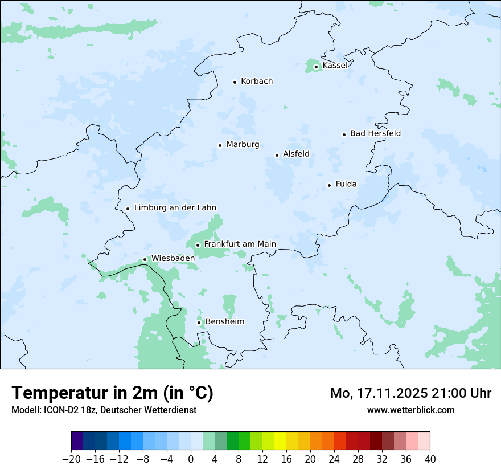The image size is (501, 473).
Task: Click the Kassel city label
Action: click(x=335, y=66)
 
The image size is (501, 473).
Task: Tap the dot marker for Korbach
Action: click(x=235, y=82)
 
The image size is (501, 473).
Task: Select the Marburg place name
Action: click(x=243, y=145)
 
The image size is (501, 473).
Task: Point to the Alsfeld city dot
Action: click(x=277, y=155)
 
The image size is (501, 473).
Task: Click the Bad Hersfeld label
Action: click(x=375, y=133)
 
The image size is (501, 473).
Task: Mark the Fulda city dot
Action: click(x=329, y=185)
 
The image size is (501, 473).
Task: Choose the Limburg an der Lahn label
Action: click(x=175, y=208)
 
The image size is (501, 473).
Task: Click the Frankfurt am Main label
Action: click(x=240, y=244)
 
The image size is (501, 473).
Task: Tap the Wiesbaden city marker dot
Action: click(x=145, y=259)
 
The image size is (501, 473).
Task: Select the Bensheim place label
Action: click(x=224, y=322)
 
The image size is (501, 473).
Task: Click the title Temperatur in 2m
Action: click(x=112, y=393)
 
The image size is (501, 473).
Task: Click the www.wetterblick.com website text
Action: click(x=410, y=410)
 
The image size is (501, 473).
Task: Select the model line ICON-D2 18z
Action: click(x=104, y=410)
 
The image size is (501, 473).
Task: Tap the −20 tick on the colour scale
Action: click(x=71, y=459)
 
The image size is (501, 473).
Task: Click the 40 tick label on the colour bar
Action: click(x=430, y=459)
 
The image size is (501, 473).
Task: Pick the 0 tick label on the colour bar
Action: click(x=191, y=459)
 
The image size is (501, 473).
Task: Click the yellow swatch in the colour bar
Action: click(x=280, y=441)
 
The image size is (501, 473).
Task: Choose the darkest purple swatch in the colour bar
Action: click(x=77, y=441)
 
